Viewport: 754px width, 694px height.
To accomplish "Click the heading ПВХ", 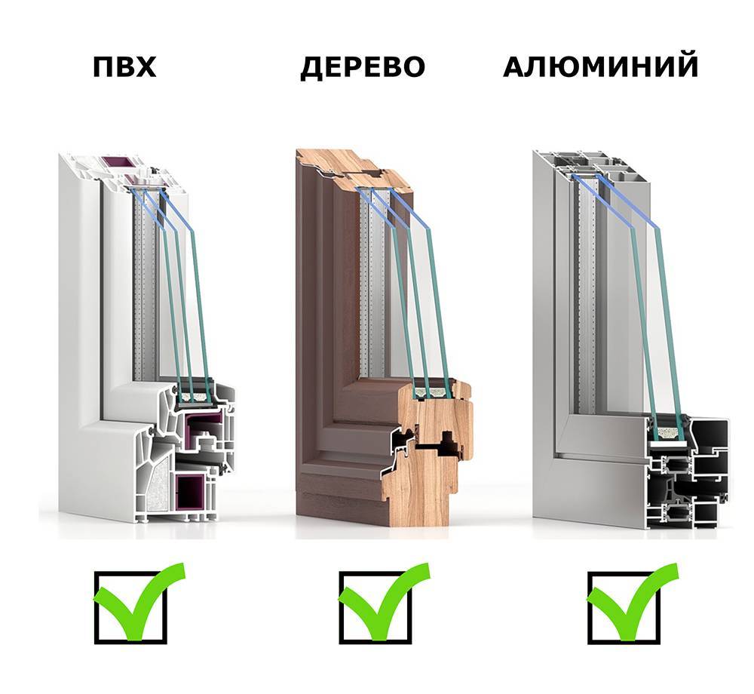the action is coord(124,67).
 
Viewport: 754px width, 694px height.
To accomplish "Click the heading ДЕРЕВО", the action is coord(363,67).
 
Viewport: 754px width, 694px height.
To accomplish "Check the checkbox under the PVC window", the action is coord(130,608).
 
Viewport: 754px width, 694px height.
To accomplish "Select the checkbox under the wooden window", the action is coord(375,608).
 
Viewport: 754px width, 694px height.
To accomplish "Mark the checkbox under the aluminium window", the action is coord(624,608).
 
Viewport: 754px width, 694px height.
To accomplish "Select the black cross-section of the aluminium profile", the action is coord(688,474).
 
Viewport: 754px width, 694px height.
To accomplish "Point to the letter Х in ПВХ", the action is coord(146,67).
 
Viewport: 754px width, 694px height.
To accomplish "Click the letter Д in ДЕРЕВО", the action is coord(311,69).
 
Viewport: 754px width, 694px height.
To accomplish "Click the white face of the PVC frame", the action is coord(81,336).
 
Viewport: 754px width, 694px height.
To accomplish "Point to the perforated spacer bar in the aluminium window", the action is coord(587,289).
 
